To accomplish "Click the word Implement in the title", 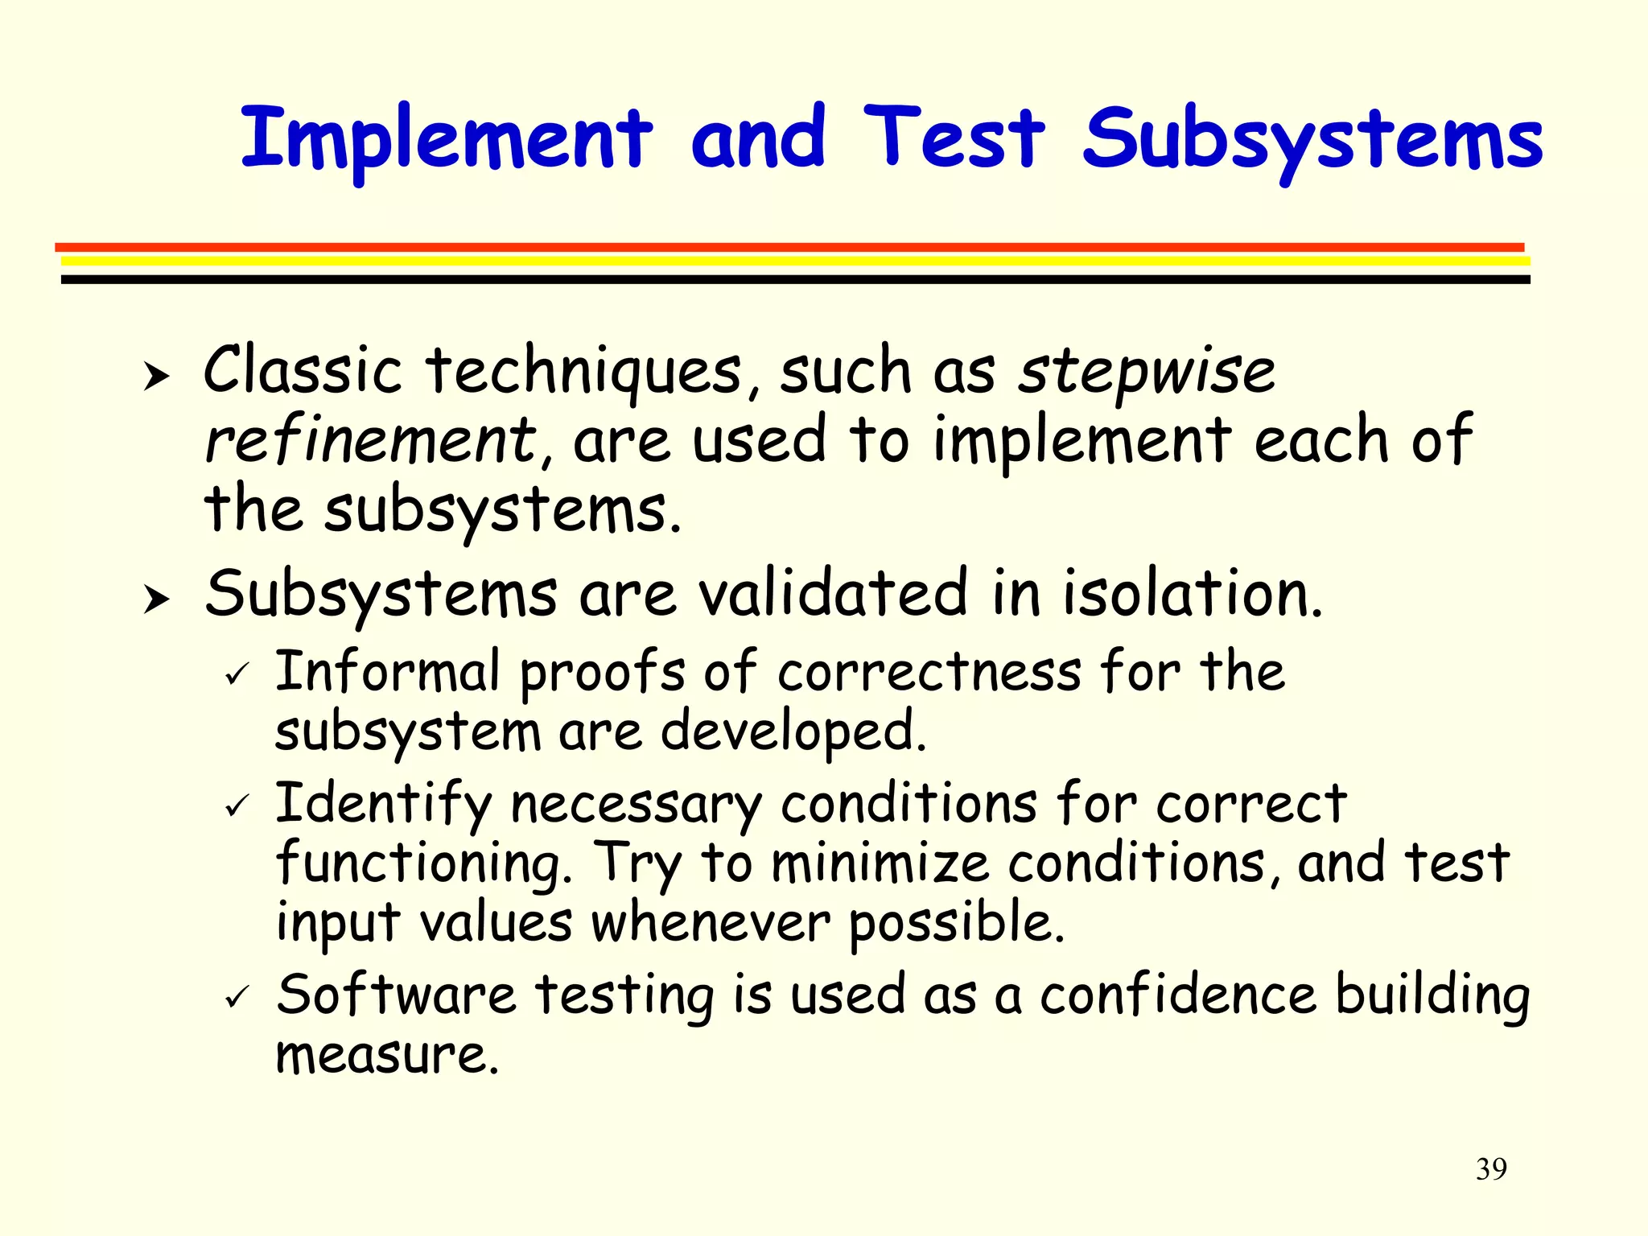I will pos(447,138).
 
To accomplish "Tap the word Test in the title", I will pos(954,138).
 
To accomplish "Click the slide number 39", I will pos(1491,1168).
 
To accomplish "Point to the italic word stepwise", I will pos(1147,372).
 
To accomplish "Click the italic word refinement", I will pos(371,440).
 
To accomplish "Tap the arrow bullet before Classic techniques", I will pos(156,376).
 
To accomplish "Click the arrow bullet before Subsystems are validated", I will pos(156,599).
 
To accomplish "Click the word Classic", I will pos(303,370).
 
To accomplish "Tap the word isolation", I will pos(1192,594).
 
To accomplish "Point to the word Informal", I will pos(387,671).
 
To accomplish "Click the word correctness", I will pos(929,671).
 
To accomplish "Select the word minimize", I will pos(880,863).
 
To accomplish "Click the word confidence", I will pos(1178,995).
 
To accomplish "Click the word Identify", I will pos(383,804).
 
